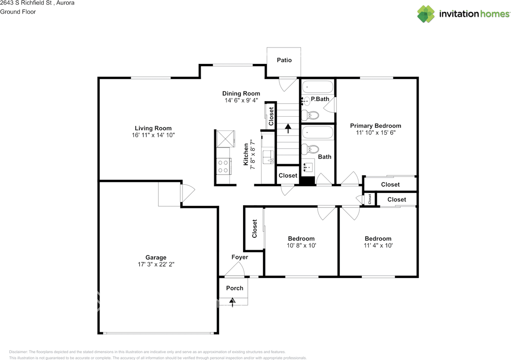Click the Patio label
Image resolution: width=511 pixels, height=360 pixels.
point(284,60)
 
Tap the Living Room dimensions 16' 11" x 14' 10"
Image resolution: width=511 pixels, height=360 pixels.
point(153,135)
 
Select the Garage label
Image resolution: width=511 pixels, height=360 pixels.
point(156,257)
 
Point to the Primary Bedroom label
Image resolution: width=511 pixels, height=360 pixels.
point(376,126)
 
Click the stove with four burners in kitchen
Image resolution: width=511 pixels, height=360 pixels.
point(224,167)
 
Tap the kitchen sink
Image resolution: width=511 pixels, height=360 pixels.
point(268,157)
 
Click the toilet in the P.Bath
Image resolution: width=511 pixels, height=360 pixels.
point(310,115)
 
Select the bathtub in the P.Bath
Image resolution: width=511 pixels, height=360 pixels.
point(317,87)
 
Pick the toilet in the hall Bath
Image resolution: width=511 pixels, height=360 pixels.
point(310,149)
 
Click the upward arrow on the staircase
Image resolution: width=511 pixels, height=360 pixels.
point(288,129)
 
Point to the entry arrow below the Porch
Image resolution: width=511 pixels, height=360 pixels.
point(232,302)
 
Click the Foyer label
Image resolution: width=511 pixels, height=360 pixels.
point(240,257)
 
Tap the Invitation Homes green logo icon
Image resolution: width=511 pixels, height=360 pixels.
point(426,14)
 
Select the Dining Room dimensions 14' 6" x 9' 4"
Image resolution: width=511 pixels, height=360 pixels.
point(242,100)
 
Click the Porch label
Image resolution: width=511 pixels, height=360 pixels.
point(234,288)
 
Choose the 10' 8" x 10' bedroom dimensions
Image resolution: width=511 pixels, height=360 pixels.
point(301,245)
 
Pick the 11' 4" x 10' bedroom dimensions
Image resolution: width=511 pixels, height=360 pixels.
point(378,245)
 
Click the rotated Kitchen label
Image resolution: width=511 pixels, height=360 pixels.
point(246,154)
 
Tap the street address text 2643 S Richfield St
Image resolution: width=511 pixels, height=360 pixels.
point(26,3)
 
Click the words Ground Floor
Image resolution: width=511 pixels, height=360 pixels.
point(18,12)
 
